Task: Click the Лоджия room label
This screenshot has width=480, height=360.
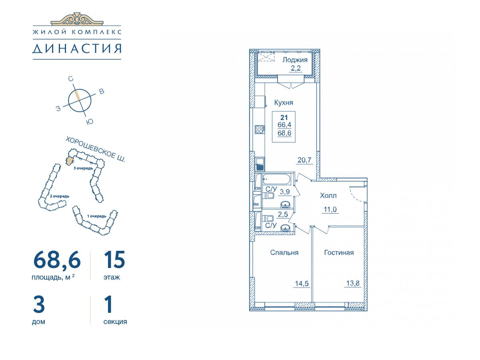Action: click(x=295, y=60)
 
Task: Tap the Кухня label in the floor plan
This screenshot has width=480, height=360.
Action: click(x=284, y=102)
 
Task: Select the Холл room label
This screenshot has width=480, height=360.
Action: click(x=328, y=196)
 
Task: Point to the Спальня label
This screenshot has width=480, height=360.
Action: click(x=284, y=253)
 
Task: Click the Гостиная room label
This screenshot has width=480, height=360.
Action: click(x=339, y=253)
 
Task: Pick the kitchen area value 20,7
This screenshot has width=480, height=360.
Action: click(x=304, y=160)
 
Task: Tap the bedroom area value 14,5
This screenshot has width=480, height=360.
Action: click(x=302, y=284)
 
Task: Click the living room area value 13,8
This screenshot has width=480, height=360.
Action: click(x=353, y=283)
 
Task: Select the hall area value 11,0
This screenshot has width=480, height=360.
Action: click(x=330, y=210)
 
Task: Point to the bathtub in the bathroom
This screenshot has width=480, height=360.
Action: click(x=277, y=179)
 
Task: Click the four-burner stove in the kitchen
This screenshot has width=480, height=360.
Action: click(x=260, y=129)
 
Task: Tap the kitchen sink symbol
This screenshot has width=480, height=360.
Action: click(x=260, y=164)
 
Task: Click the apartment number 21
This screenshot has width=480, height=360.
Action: click(x=284, y=118)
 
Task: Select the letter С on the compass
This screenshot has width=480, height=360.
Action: click(x=70, y=79)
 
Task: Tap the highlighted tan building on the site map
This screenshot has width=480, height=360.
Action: click(x=70, y=162)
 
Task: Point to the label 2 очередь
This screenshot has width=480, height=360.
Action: click(x=60, y=196)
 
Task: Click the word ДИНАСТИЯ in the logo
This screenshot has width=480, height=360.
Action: click(x=77, y=48)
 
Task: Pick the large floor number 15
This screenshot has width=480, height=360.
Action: click(x=114, y=260)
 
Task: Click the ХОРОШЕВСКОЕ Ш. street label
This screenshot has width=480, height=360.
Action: click(x=95, y=149)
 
